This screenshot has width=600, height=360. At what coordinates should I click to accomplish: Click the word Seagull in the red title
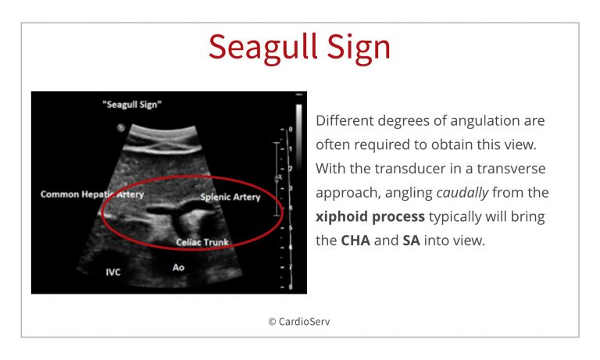click(263, 47)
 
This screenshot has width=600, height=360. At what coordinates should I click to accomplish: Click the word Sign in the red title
click(359, 47)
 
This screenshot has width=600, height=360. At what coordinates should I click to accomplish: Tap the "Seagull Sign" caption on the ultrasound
click(132, 105)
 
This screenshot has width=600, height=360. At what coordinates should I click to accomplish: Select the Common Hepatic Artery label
click(92, 194)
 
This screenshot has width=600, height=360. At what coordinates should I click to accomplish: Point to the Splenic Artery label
click(230, 197)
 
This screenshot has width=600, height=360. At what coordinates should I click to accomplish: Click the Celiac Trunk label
click(202, 242)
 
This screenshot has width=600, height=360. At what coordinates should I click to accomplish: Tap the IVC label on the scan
click(113, 273)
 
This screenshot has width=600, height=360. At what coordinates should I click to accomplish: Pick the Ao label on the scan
click(178, 267)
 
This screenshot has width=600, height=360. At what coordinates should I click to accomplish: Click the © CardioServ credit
click(299, 322)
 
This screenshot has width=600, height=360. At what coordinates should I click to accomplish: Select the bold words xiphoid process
click(370, 216)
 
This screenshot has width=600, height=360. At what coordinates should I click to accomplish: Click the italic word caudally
click(462, 192)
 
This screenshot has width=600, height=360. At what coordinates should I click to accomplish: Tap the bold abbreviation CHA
click(355, 241)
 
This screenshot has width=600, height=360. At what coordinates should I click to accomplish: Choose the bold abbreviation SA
click(412, 241)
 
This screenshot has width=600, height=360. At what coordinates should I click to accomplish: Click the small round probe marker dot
click(121, 128)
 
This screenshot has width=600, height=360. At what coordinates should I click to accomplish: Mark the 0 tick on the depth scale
click(291, 130)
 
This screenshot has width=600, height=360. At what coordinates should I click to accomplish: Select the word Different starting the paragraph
click(345, 120)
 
